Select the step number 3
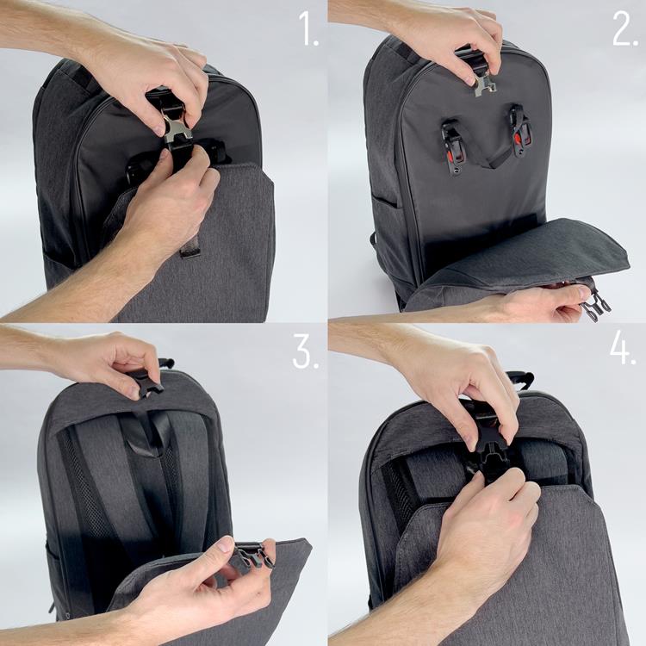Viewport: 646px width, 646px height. [303, 352]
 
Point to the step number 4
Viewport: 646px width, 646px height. [623, 352]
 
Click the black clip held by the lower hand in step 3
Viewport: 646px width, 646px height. [252, 557]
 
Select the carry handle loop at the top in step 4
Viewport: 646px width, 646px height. [519, 379]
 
